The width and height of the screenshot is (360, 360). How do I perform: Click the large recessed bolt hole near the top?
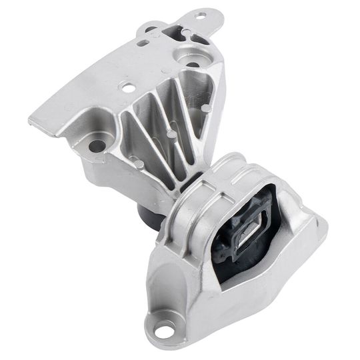click(193, 65)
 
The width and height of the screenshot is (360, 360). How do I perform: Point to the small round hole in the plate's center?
click(125, 85)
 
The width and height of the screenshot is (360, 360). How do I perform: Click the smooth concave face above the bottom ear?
click(180, 287)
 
